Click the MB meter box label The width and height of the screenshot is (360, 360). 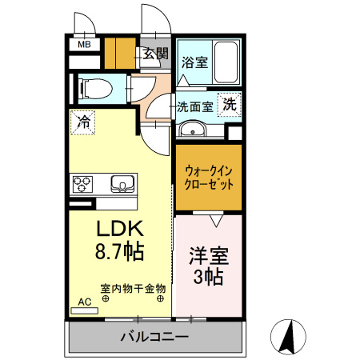(83, 45)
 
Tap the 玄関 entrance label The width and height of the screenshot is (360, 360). (155, 54)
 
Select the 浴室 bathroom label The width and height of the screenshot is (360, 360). (194, 61)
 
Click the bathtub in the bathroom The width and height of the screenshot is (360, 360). (226, 62)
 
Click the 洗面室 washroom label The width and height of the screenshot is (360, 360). (194, 105)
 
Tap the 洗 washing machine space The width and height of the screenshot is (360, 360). (230, 103)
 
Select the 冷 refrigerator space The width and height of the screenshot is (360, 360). (82, 122)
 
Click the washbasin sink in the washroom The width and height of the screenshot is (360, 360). (192, 130)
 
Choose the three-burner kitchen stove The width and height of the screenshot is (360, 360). (84, 185)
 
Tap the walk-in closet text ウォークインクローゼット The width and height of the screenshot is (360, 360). (208, 177)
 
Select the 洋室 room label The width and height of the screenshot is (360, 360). (209, 257)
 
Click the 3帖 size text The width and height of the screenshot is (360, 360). (208, 278)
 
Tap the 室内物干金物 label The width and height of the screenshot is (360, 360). (132, 287)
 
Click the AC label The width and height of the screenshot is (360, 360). (85, 302)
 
